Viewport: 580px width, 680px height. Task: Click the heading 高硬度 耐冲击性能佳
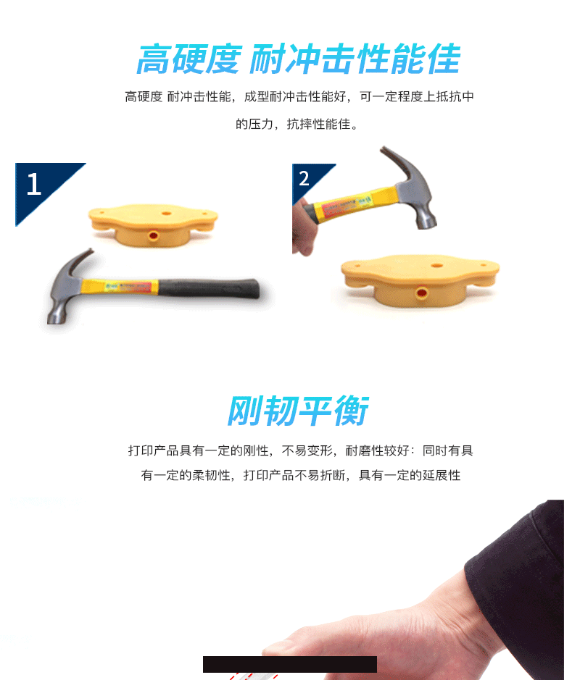298,59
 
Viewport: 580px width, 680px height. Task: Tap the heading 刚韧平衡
298,411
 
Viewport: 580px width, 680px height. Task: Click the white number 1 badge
33,184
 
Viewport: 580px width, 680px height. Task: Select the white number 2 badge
304,178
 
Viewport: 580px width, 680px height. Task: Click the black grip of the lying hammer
209,288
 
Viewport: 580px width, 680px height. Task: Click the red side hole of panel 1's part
153,236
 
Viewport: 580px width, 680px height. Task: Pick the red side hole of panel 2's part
421,293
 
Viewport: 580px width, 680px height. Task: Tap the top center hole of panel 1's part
166,214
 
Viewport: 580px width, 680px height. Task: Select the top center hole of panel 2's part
436,265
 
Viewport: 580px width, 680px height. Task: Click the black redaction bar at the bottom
290,664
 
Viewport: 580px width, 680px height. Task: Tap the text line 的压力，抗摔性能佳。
298,124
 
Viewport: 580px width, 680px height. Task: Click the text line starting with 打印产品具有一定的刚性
300,450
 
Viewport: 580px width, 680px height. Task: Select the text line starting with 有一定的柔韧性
300,475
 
